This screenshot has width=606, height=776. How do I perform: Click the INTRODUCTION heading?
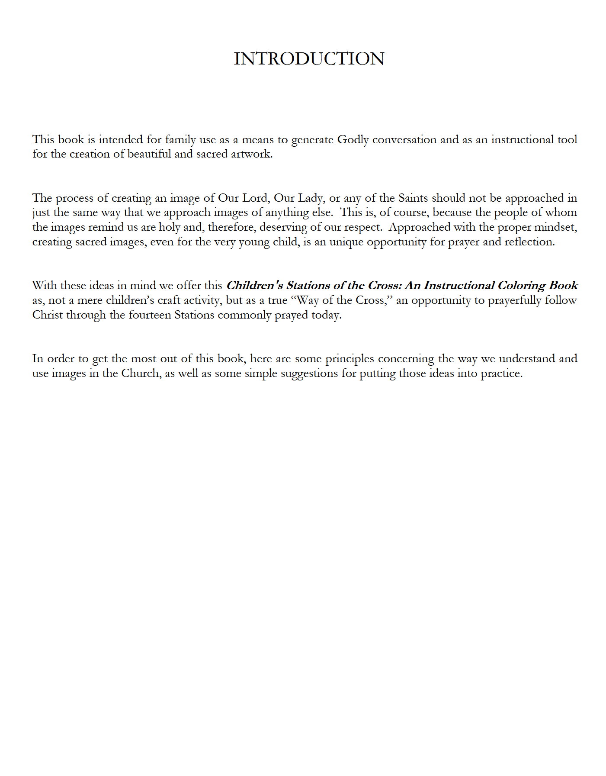pyautogui.click(x=309, y=59)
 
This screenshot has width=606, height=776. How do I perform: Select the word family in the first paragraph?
pyautogui.click(x=180, y=140)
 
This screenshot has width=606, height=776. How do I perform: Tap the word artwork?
pyautogui.click(x=251, y=154)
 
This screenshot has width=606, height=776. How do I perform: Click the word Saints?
pyautogui.click(x=413, y=198)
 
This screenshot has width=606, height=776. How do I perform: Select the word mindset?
pyautogui.click(x=555, y=227)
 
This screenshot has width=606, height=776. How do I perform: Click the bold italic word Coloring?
pyautogui.click(x=521, y=286)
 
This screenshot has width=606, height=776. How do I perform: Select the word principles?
pyautogui.click(x=349, y=359)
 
